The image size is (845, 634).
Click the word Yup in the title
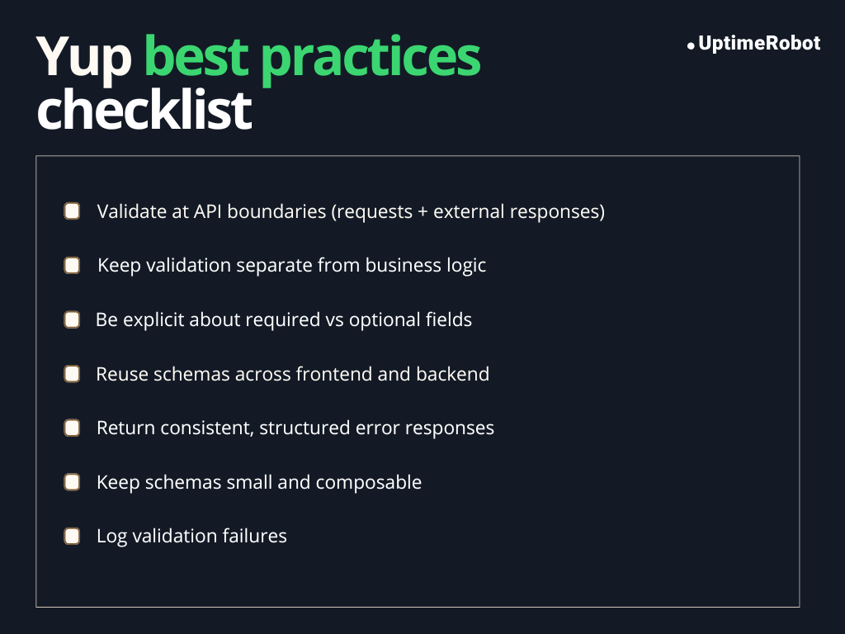(83, 58)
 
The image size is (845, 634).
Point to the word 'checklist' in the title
(144, 111)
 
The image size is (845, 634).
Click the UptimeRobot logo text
(759, 44)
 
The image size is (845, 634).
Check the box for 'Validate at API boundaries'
(73, 211)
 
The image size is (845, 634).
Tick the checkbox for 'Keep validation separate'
(73, 265)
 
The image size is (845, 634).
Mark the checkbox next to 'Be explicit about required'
(73, 319)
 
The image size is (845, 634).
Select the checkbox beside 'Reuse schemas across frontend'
(73, 374)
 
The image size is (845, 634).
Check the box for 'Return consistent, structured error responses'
(73, 428)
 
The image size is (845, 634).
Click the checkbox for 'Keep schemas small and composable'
(73, 482)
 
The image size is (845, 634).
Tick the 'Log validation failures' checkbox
(73, 536)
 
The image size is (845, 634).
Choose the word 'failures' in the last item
(254, 536)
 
